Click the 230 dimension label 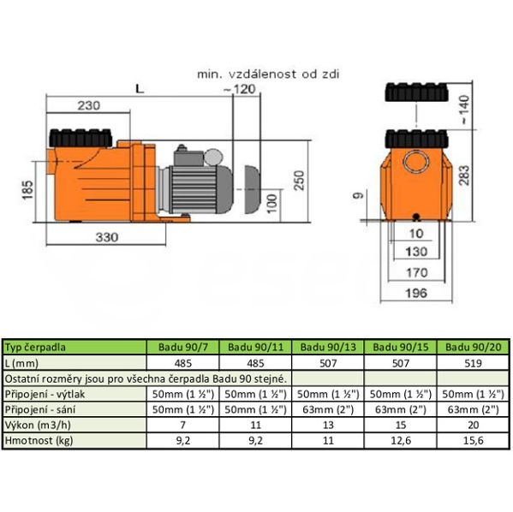89,105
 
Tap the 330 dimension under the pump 107,237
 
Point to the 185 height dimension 27,190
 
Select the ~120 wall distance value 239,89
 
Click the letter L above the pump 140,89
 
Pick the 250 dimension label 299,181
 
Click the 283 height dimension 464,176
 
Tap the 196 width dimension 416,293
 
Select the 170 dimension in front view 416,272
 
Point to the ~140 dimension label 464,110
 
